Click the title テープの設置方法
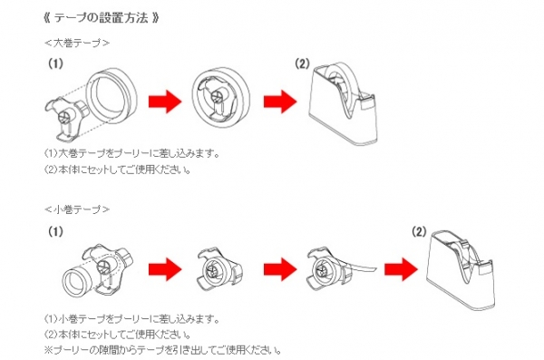pyautogui.click(x=102, y=17)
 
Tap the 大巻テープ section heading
pyautogui.click(x=77, y=43)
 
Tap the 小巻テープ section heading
pyautogui.click(x=77, y=209)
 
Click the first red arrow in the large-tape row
pyautogui.click(x=165, y=102)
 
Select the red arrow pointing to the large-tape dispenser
pyautogui.click(x=280, y=102)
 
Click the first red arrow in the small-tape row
pyautogui.click(x=165, y=269)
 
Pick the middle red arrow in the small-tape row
pyautogui.click(x=280, y=269)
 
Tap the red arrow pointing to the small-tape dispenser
pyautogui.click(x=401, y=269)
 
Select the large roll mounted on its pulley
pyautogui.click(x=221, y=99)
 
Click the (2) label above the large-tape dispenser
pyautogui.click(x=302, y=63)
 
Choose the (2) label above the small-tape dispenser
pyautogui.click(x=419, y=231)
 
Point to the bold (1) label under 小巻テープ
pyautogui.click(x=55, y=231)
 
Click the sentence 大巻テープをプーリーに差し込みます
pyautogui.click(x=139, y=153)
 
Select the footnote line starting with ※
pyautogui.click(x=162, y=350)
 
